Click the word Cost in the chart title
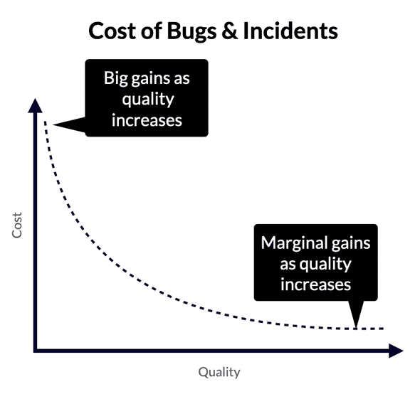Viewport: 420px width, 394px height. coord(111,31)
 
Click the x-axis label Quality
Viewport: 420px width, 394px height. coord(219,372)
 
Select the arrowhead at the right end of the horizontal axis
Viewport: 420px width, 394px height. coord(395,351)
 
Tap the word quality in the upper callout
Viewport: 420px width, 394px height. coord(147,98)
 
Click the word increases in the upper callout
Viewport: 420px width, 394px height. coord(147,119)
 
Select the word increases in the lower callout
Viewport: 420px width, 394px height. coord(315,284)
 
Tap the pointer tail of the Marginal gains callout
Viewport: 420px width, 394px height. coord(356,316)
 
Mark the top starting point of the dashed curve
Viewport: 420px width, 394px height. coord(46,123)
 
